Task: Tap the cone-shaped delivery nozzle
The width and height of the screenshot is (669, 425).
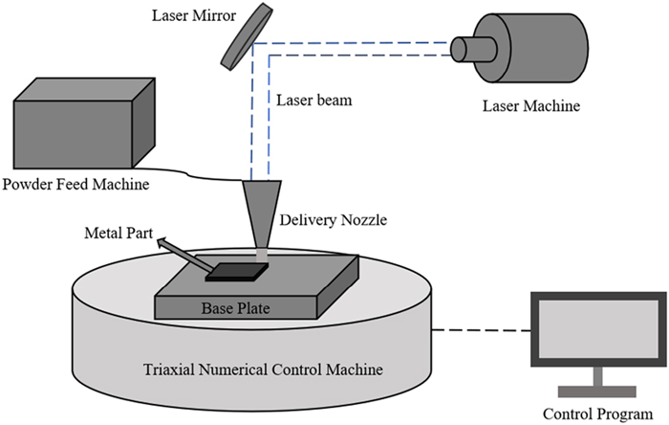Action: pyautogui.click(x=261, y=213)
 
